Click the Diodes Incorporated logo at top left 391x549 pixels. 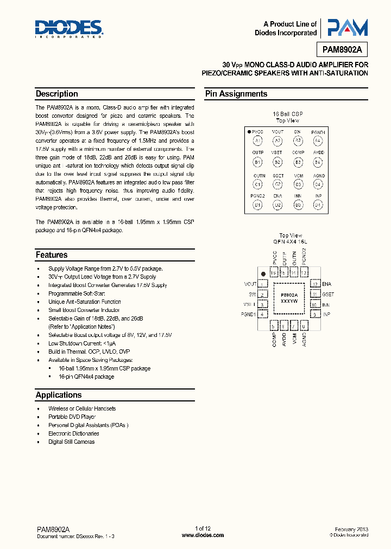pos(69,29)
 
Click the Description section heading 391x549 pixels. pos(57,94)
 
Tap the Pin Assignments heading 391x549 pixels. pos(236,94)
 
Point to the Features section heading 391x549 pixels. pos(52,255)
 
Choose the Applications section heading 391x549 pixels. pos(59,395)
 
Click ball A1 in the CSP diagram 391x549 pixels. pos(258,141)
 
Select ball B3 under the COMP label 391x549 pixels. pos(298,162)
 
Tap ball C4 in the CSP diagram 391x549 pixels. pos(318,184)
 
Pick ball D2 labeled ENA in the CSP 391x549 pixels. pos(278,205)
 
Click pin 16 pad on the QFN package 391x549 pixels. pos(275,272)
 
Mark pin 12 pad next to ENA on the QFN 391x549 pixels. pos(314,284)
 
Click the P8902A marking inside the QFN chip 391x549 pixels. pos(289,293)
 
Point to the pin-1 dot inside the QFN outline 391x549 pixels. pos(263,274)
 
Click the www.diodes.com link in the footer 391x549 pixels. pos(203,535)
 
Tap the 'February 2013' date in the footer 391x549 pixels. pos(352,529)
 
